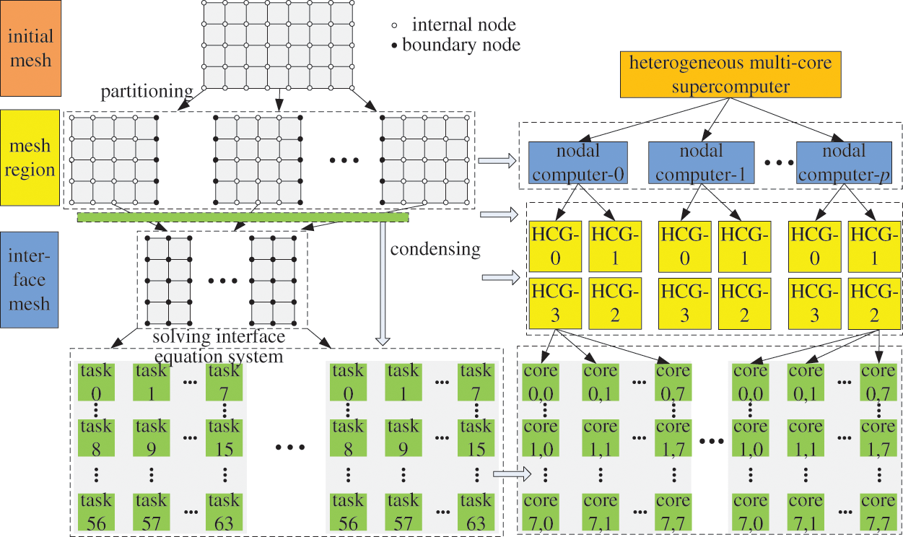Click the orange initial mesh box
pyautogui.click(x=31, y=48)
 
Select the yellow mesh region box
pyautogui.click(x=31, y=158)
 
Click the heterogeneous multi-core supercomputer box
pyautogui.click(x=730, y=75)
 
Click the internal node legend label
pyautogui.click(x=463, y=25)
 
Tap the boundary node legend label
pyautogui.click(x=461, y=45)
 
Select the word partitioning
pyautogui.click(x=147, y=92)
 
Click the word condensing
pyautogui.click(x=435, y=250)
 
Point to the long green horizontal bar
pyautogui.click(x=243, y=217)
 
